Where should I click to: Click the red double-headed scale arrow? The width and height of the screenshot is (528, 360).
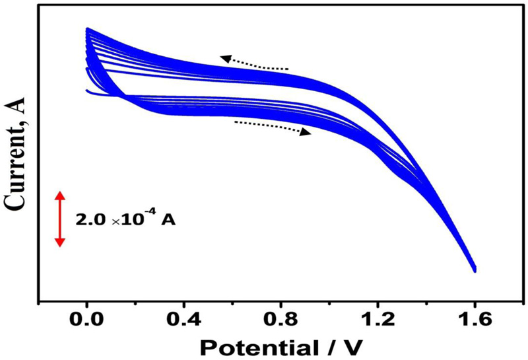pos(59,219)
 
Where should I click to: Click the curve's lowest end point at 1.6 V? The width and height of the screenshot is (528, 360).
pos(474,270)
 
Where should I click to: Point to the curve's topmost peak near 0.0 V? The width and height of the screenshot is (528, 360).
pos(86,28)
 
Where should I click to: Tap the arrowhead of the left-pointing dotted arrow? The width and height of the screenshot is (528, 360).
pos(224,58)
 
